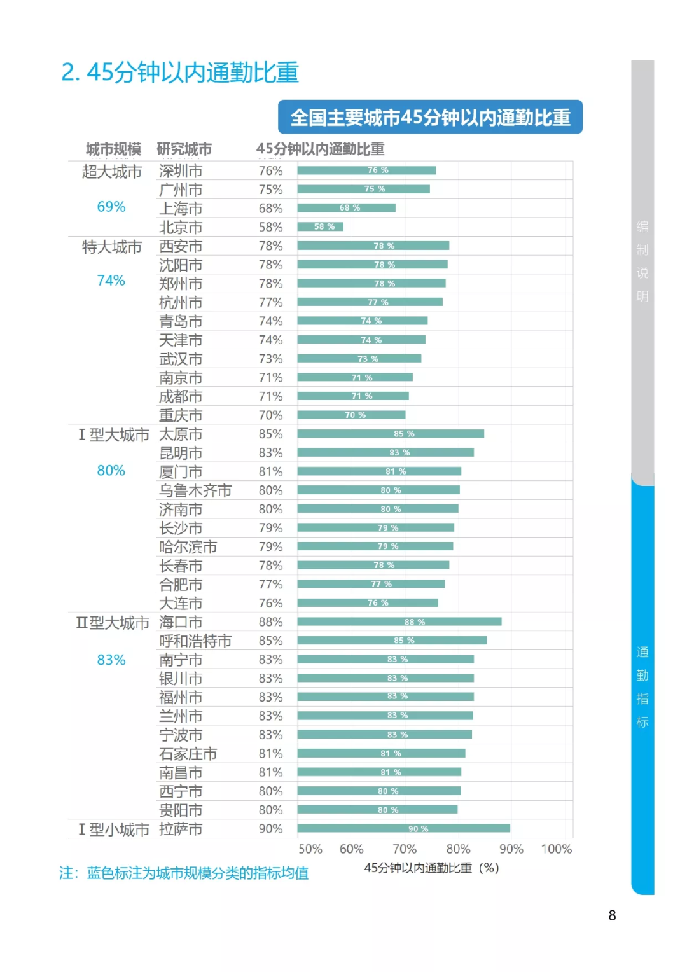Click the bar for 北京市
(320, 226)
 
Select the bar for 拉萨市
(403, 828)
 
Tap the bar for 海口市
(399, 621)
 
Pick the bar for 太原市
(390, 434)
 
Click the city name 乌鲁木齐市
(195, 490)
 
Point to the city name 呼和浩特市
(195, 641)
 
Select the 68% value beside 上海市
(270, 208)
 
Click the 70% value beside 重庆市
(270, 415)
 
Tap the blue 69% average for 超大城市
(111, 207)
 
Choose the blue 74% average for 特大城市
(111, 281)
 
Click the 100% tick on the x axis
(556, 849)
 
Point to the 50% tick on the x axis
(310, 849)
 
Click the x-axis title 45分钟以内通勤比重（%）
(431, 868)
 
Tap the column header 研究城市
(184, 149)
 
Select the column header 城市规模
(113, 149)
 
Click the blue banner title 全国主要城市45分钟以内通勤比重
(430, 118)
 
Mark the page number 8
(612, 915)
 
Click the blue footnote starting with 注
(184, 873)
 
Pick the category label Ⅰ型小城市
(113, 830)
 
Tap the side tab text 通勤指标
(642, 687)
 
